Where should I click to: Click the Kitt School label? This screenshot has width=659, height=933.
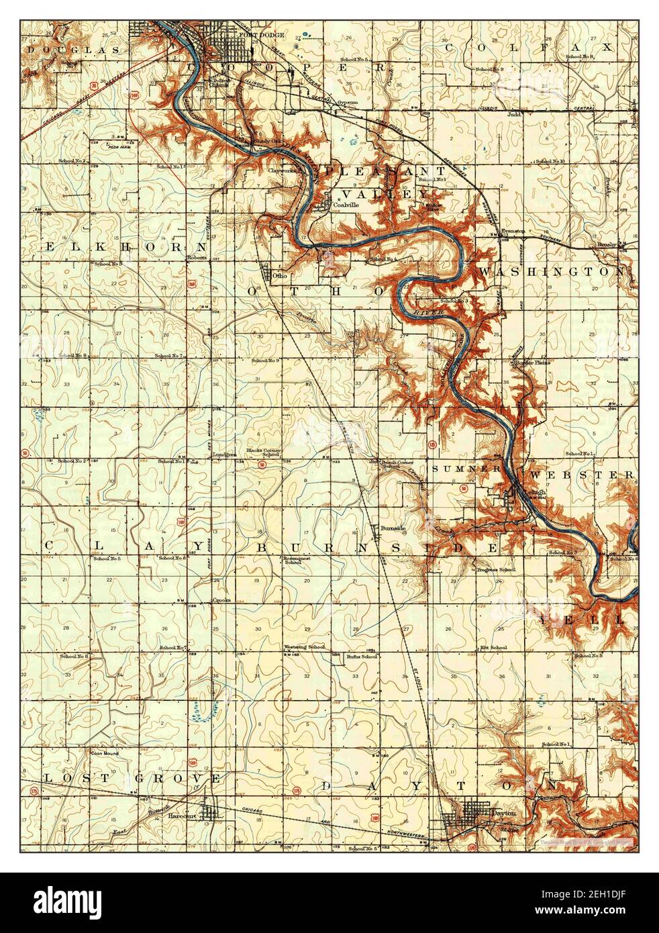[x=493, y=647]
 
